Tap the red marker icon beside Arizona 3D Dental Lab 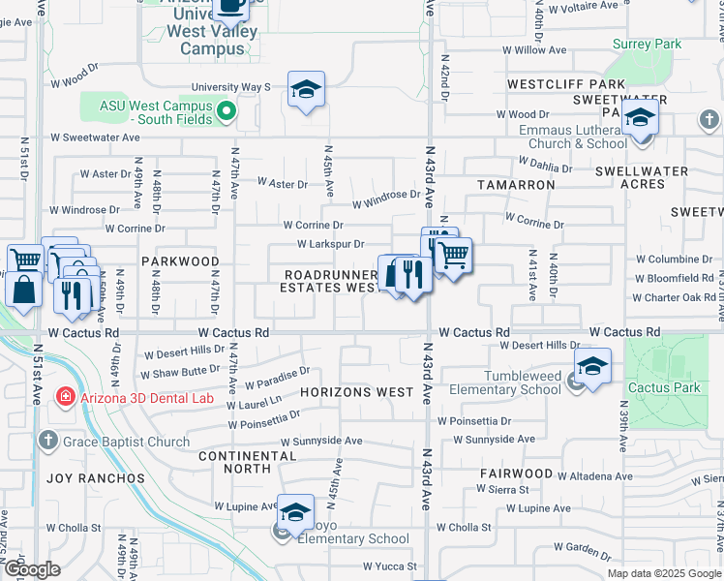[64, 397]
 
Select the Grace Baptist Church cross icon [48, 442]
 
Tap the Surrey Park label [648, 44]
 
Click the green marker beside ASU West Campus [226, 111]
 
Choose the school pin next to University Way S [306, 91]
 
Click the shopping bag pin [23, 289]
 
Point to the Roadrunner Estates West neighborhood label [329, 281]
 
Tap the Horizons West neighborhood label [356, 393]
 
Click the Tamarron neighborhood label [515, 183]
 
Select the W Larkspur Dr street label [330, 245]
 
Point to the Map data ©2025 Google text [664, 573]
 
